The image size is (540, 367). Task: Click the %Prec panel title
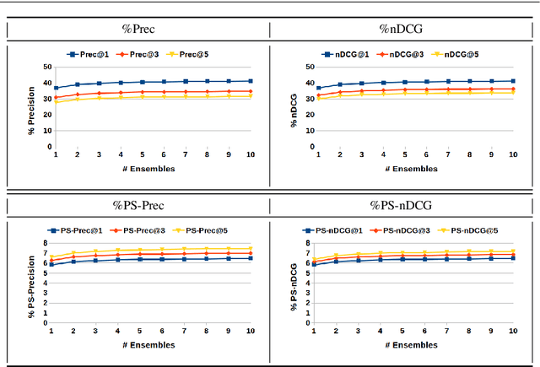click(x=138, y=30)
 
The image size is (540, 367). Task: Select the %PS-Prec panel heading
click(x=138, y=205)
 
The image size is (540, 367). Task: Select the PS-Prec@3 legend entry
click(x=139, y=229)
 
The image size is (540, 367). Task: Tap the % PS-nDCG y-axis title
click(x=294, y=283)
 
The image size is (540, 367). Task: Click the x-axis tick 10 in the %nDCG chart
click(x=512, y=155)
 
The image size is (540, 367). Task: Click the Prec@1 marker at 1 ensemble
click(x=56, y=88)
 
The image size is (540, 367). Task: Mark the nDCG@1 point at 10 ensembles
click(x=512, y=81)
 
